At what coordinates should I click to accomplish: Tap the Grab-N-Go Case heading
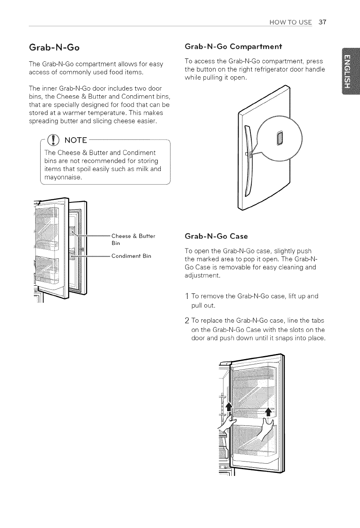coord(212,235)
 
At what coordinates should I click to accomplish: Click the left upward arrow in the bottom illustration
coord(229,408)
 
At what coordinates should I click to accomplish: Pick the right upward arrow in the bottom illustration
coord(268,411)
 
